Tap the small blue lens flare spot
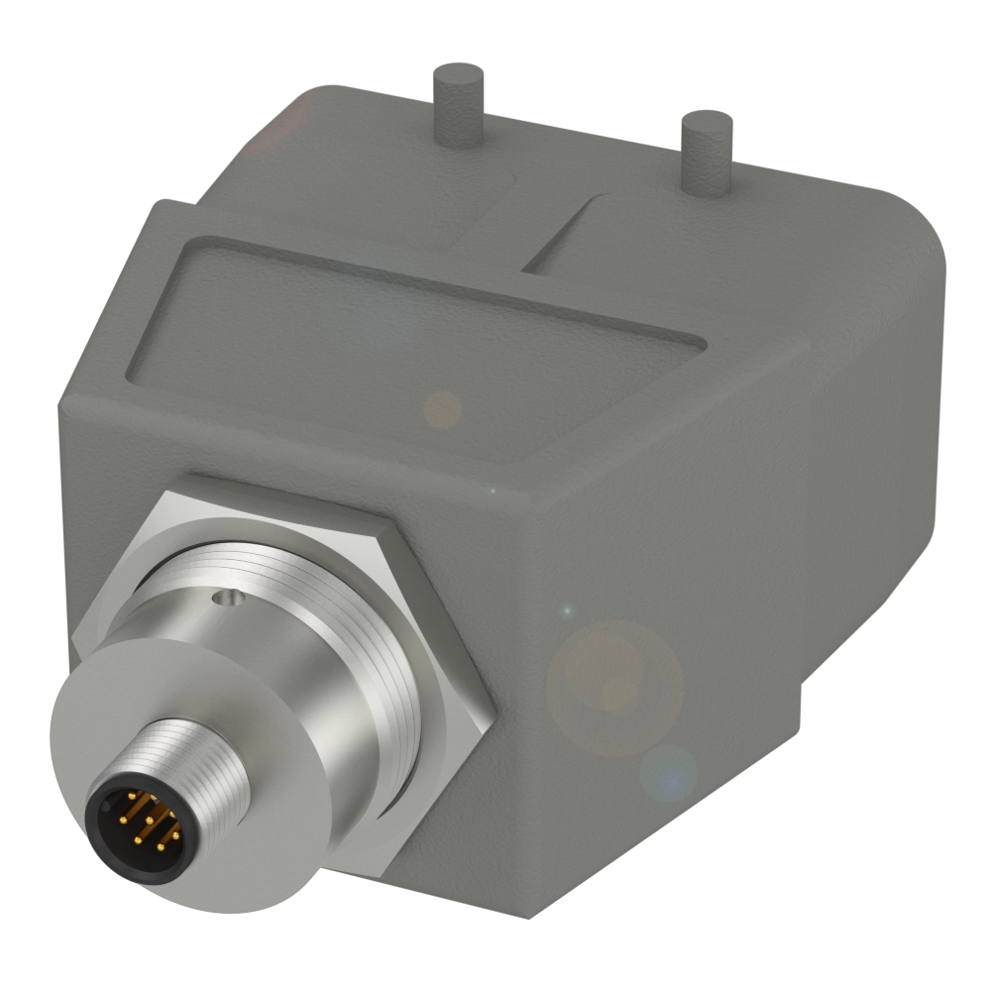coord(668,772)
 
